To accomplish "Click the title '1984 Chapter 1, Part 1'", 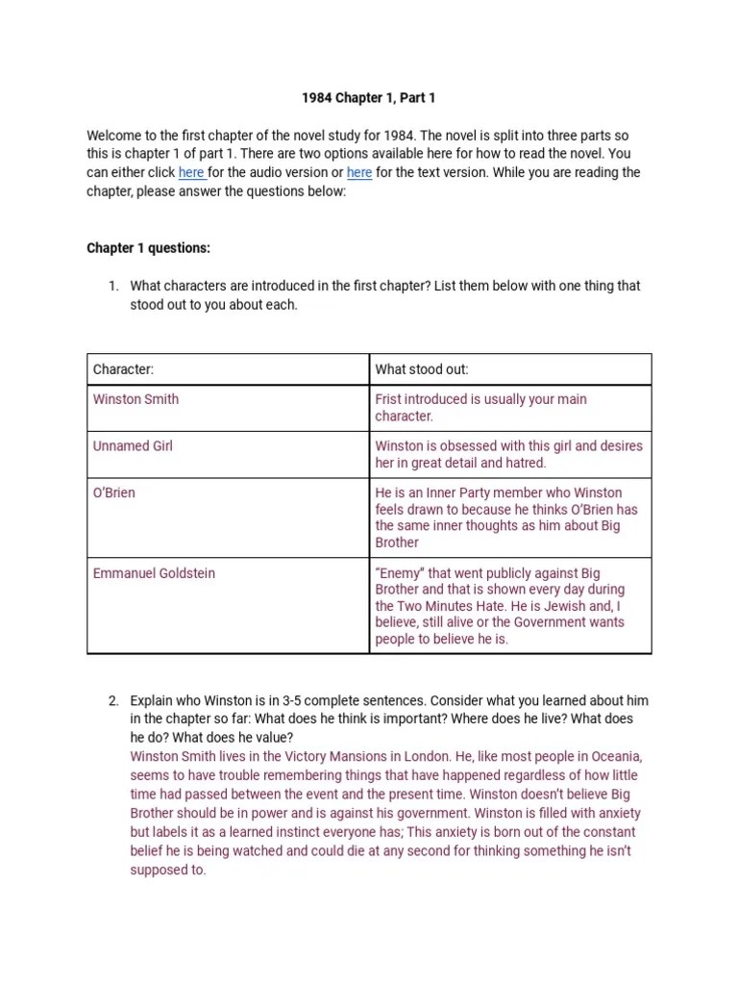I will tap(369, 98).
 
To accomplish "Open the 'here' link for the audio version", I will tap(190, 173).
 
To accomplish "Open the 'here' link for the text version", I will tap(359, 173).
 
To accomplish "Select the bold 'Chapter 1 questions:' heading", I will tap(148, 248).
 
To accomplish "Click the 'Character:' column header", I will tap(123, 369).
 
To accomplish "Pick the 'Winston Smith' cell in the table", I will tap(135, 399).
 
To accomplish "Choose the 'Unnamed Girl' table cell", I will tap(133, 446).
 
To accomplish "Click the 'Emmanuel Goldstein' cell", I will tap(154, 573).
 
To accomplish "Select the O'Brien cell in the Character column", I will tap(114, 492).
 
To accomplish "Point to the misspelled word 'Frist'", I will tap(389, 399).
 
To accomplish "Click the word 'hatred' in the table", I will tap(526, 463).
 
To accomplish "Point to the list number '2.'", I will tap(113, 700).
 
